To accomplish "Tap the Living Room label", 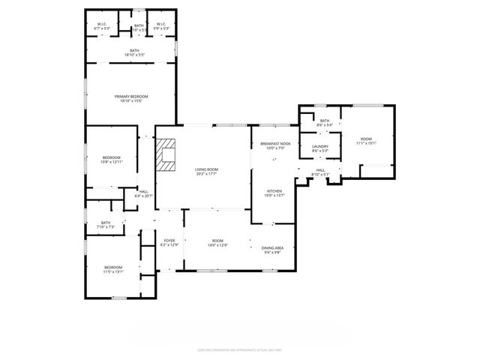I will [206, 169].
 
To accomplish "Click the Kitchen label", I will [275, 193].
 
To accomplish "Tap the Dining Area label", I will [271, 249].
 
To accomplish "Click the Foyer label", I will [169, 241].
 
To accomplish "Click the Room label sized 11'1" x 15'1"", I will [365, 140].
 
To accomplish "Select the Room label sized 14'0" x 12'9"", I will [217, 241].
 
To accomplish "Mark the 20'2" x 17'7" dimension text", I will [206, 174].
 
